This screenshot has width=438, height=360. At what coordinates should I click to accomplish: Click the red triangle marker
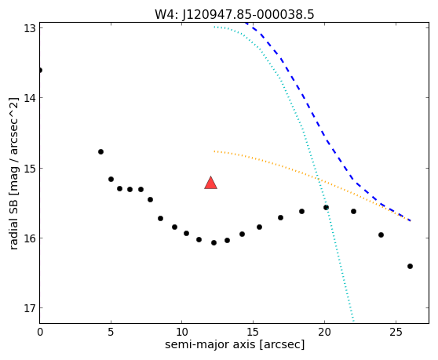tap(210, 183)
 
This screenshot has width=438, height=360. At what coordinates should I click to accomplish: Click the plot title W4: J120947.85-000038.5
tap(235, 14)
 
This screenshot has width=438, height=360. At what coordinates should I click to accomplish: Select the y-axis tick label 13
tap(29, 28)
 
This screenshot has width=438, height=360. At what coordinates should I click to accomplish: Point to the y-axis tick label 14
tap(29, 98)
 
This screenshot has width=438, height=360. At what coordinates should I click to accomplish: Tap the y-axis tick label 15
tap(29, 169)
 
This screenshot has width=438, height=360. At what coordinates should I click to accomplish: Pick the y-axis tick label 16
tap(29, 238)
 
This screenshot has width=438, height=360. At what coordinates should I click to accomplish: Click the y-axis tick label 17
tap(29, 308)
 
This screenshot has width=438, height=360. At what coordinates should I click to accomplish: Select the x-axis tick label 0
tap(40, 332)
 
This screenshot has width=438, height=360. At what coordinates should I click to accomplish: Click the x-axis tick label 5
tap(111, 332)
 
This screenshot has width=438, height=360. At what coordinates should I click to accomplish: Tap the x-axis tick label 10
tap(182, 332)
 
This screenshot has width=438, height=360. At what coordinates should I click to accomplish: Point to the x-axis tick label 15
tap(253, 332)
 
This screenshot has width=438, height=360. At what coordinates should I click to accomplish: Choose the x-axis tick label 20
tap(324, 332)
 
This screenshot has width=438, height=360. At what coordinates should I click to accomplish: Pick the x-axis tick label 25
tap(396, 332)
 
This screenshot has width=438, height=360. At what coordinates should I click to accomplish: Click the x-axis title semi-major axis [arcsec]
tap(235, 344)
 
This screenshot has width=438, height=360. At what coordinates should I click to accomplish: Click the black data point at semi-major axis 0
tap(40, 70)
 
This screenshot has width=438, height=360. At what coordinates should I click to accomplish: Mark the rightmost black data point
tap(410, 266)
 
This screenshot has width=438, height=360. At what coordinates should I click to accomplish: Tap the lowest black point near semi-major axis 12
tap(214, 243)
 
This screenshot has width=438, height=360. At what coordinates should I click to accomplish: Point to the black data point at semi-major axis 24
tap(381, 235)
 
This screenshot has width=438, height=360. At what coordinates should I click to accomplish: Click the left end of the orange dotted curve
tap(214, 151)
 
